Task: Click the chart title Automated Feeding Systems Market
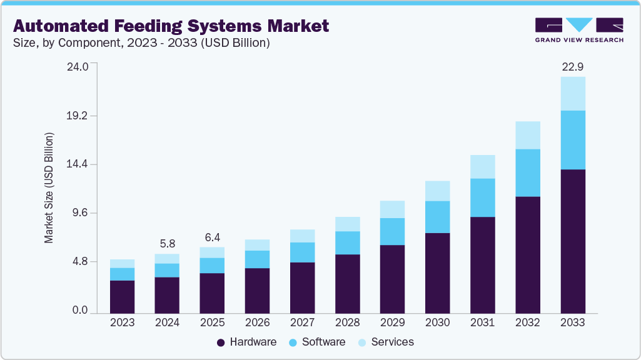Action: pos(171,26)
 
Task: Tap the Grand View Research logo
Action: pos(579,30)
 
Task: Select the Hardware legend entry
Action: pos(246,342)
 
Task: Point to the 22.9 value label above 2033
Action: pos(573,66)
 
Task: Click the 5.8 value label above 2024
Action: pos(168,243)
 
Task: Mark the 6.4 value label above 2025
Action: pos(213,237)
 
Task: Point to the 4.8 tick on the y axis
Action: pos(81,261)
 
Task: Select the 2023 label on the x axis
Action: pos(122,322)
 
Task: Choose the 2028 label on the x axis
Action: pos(347,322)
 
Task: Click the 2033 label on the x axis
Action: pos(573,322)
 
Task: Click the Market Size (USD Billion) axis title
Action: pos(49,187)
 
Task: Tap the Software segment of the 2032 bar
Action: pos(528,172)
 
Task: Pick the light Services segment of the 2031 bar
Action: pos(483,166)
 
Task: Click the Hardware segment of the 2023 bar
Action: pos(122,296)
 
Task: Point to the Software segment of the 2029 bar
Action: pos(392,231)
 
